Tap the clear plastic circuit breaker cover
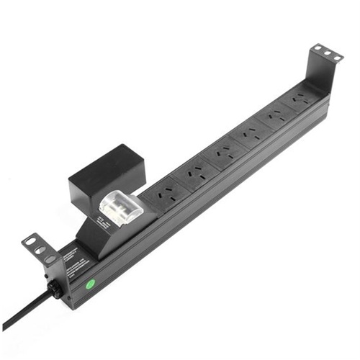(117, 208)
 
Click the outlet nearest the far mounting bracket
(302, 99)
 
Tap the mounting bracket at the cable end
(39, 248)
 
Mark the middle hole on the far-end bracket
(328, 53)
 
